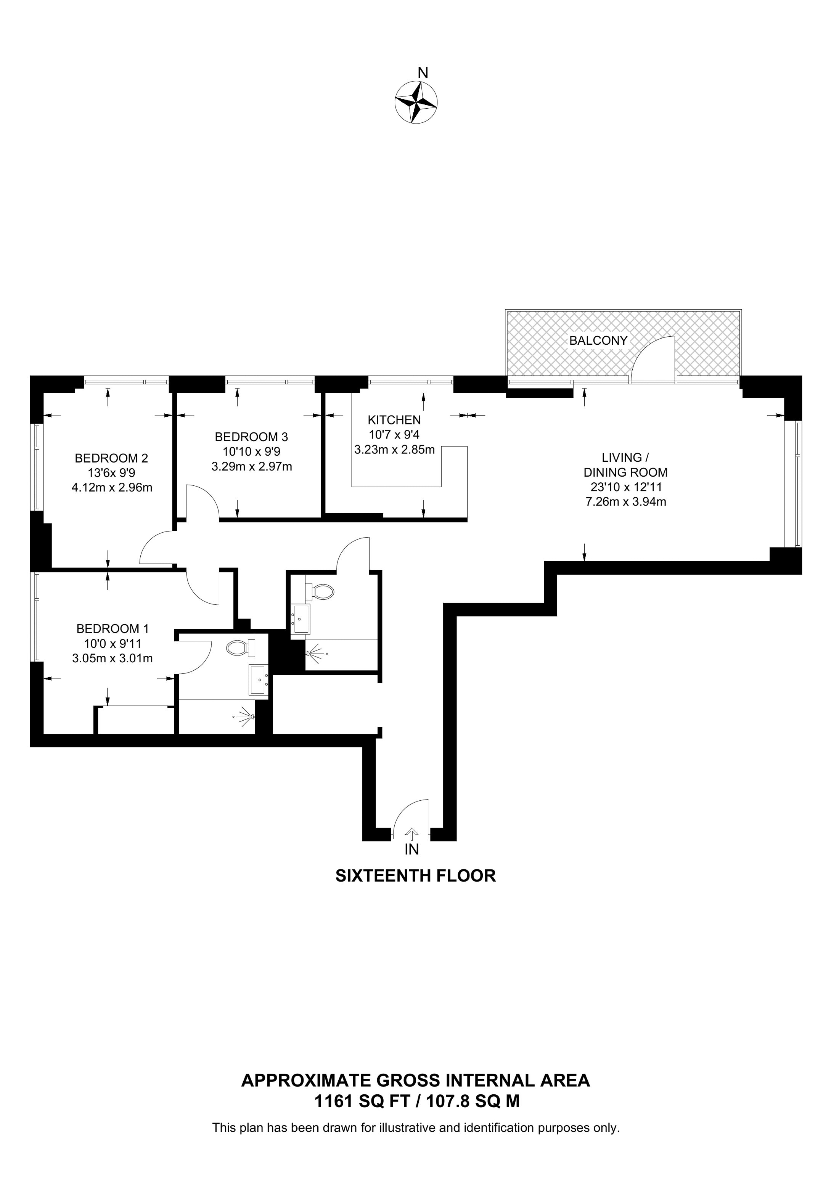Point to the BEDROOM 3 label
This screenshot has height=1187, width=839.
click(251, 437)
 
